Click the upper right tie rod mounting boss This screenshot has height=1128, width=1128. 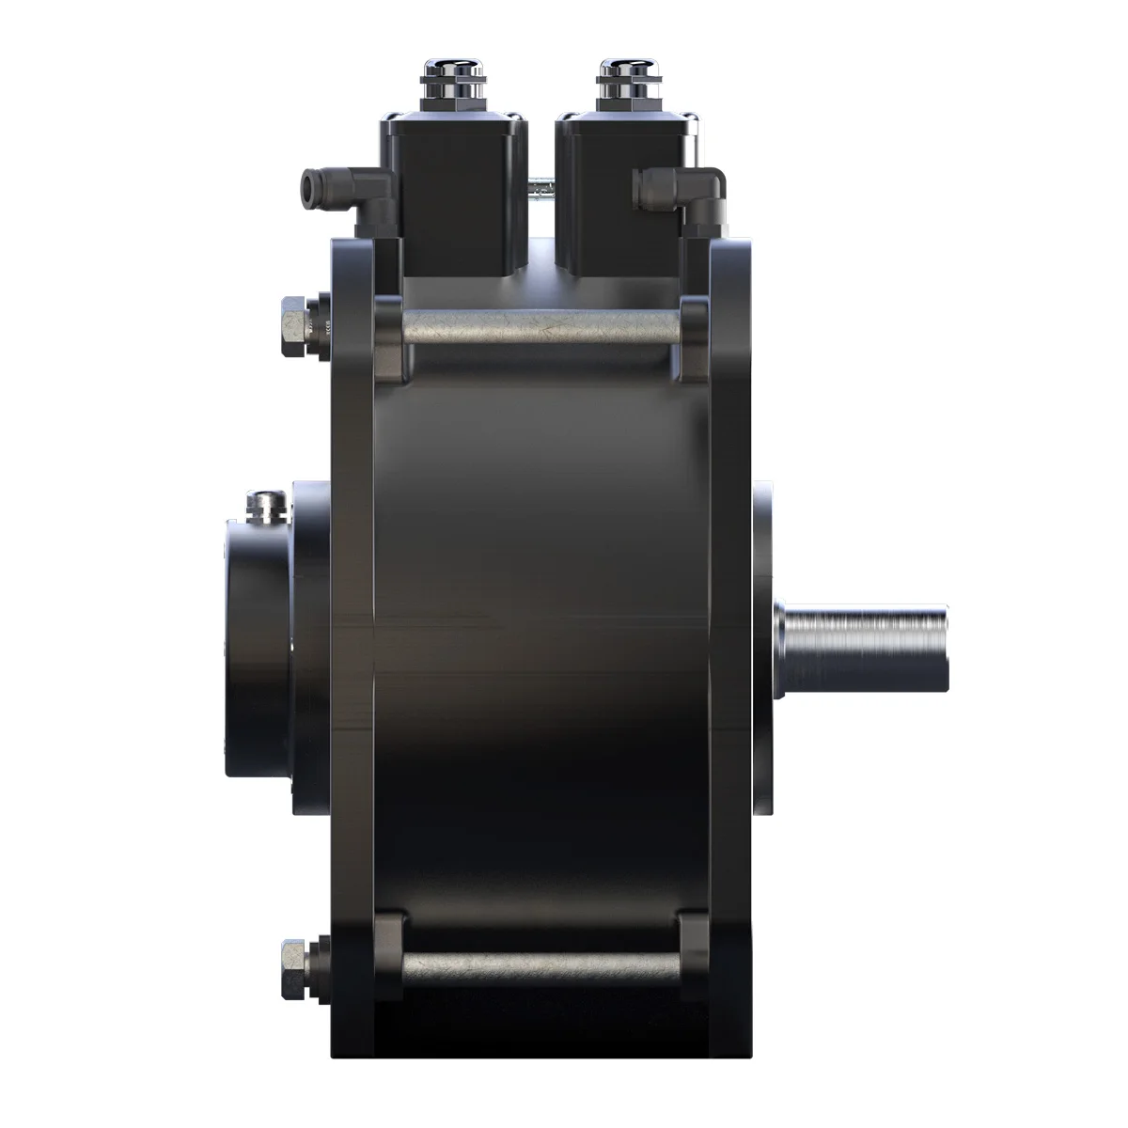coord(694,338)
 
